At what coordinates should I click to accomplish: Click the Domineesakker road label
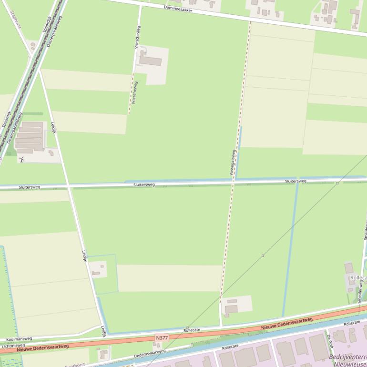point(178,9)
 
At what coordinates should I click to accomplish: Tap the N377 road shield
point(162,338)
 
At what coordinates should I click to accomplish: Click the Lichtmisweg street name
point(13,346)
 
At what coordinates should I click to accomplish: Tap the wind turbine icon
point(21,159)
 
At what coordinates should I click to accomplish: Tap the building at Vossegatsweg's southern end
point(231,309)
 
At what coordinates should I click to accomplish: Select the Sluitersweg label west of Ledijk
point(30,187)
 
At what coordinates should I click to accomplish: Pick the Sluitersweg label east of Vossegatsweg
point(296,181)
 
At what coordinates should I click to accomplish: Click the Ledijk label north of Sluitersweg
point(53,128)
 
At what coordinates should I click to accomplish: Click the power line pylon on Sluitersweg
point(337,183)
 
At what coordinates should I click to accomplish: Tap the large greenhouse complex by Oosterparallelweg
point(31,137)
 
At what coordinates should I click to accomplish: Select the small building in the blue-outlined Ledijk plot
point(97,273)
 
